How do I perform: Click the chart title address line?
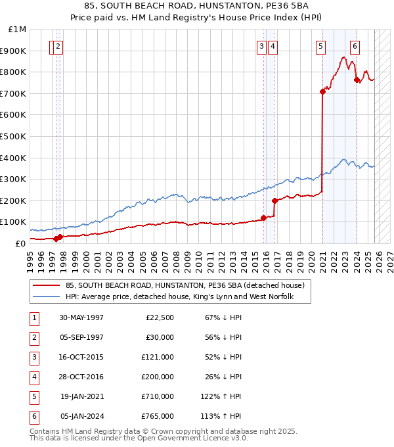197,7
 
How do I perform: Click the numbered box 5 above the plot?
320,46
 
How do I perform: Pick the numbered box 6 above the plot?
355,46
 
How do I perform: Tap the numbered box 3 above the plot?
261,46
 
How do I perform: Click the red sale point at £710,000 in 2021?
322,91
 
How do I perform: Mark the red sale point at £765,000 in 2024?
357,80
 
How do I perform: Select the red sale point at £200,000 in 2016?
274,200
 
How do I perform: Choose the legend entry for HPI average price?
179,297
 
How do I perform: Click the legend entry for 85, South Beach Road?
185,286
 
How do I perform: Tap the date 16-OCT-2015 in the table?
81,358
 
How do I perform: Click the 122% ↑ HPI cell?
222,397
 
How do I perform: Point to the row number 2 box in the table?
33,338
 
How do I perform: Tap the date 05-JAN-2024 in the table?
81,417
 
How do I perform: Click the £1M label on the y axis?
17,30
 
